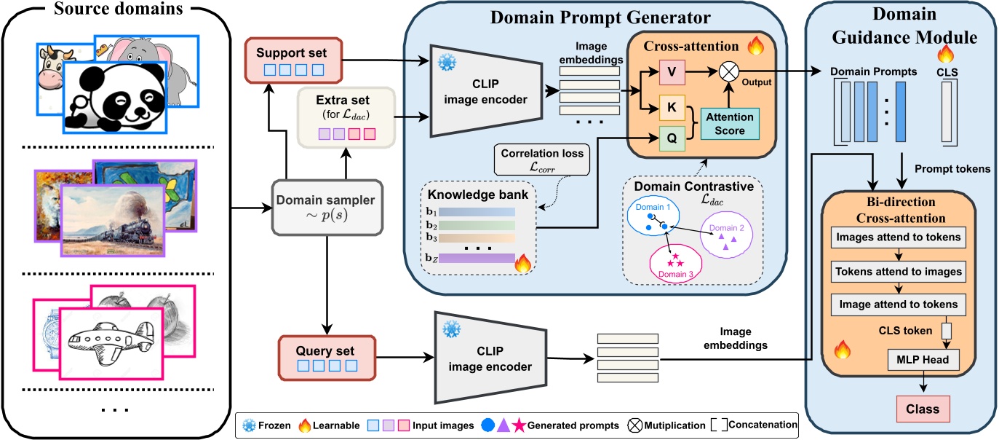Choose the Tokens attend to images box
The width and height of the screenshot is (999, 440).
tap(900, 271)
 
